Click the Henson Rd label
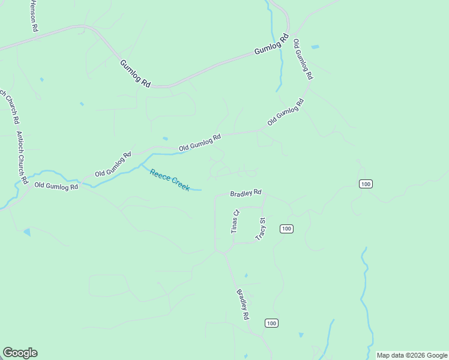pos(34,16)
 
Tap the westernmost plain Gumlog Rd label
pos(135,74)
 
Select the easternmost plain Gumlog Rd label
pos(267,47)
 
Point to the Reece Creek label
pos(170,179)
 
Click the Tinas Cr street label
pos(235,221)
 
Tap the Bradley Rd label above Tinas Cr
pos(246,193)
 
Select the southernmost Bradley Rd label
pos(243,304)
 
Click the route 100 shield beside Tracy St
pos(286,229)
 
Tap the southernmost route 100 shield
pos(271,323)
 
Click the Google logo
pos(20,353)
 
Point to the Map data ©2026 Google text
pos(412,355)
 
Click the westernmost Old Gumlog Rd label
pos(56,187)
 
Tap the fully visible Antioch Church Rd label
pos(22,158)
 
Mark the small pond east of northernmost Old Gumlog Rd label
pos(315,46)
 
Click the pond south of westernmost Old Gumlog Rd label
pos(26,232)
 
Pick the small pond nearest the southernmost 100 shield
pos(301,335)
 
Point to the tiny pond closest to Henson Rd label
pos(41,79)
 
